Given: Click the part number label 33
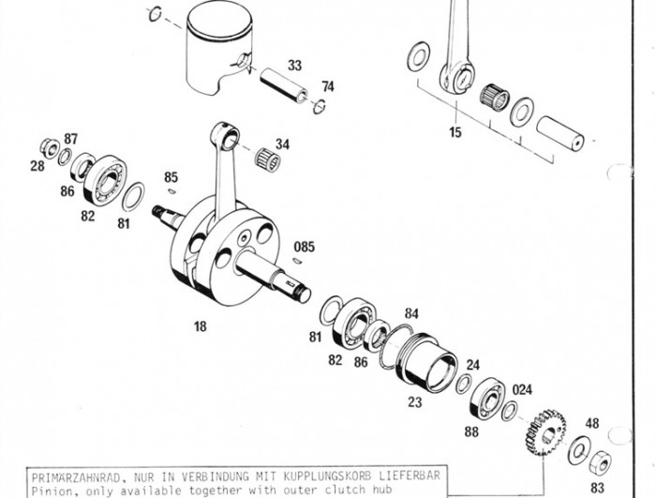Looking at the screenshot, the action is coord(294,66).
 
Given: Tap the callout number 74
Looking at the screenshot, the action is coord(328,86).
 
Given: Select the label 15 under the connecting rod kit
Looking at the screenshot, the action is coord(455,132).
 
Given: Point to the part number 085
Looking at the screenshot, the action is coord(305,247).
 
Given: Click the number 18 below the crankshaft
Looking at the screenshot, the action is coord(200,326).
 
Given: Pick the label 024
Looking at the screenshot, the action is coord(522,390).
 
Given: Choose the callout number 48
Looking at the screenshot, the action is coord(592,424).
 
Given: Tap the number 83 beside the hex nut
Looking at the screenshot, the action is coord(598,488).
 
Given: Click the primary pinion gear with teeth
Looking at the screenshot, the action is coord(545,433).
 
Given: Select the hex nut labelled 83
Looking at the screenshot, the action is coord(600,462).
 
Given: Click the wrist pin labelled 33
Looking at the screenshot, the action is coord(284,86).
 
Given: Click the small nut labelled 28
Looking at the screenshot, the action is coord(50,146).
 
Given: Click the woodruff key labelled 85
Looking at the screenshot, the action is coord(171,191).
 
